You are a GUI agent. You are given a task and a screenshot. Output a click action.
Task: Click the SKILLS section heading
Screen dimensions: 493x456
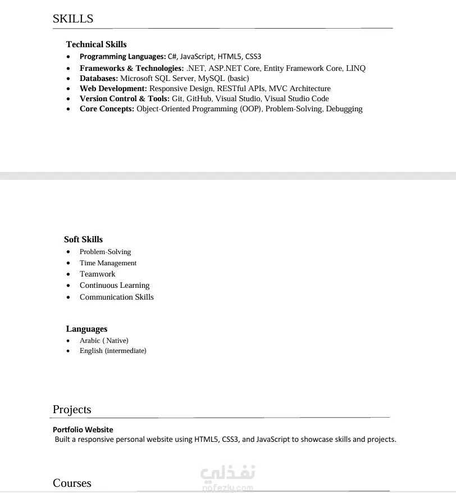pyautogui.click(x=73, y=19)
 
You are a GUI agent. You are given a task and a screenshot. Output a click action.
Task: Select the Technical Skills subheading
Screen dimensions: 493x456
pyautogui.click(x=96, y=44)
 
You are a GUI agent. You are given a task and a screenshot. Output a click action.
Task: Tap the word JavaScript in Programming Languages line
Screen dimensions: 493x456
pyautogui.click(x=197, y=56)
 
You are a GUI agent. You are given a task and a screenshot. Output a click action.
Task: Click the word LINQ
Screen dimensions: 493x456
pyautogui.click(x=355, y=68)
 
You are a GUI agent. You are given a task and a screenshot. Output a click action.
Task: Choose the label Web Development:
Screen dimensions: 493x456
pyautogui.click(x=113, y=88)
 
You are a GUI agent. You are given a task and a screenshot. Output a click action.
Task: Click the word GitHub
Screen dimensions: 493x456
pyautogui.click(x=199, y=98)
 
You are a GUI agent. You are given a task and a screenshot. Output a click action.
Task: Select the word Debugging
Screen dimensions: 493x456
pyautogui.click(x=344, y=108)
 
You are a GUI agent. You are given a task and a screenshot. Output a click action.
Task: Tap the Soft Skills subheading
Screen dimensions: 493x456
pyautogui.click(x=83, y=239)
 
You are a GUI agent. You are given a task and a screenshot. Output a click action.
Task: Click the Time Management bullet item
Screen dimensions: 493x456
pyautogui.click(x=108, y=263)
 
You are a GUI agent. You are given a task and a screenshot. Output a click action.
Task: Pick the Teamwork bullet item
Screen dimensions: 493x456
pyautogui.click(x=97, y=274)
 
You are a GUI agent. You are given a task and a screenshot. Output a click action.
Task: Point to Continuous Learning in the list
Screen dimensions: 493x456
pyautogui.click(x=115, y=285)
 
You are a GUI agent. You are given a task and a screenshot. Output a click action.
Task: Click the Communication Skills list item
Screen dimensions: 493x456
pyautogui.click(x=116, y=297)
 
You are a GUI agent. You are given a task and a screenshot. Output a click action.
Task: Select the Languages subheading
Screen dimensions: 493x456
pyautogui.click(x=86, y=329)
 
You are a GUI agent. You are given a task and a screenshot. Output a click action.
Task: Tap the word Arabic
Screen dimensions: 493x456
pyautogui.click(x=90, y=340)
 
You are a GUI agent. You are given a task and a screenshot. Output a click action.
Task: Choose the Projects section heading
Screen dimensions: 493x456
pyautogui.click(x=72, y=410)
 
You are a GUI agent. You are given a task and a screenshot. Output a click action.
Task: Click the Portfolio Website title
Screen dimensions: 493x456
pyautogui.click(x=83, y=429)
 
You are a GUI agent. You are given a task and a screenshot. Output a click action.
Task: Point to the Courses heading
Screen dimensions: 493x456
pyautogui.click(x=72, y=483)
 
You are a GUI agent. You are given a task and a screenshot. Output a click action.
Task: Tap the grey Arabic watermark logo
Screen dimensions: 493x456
pyautogui.click(x=227, y=475)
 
